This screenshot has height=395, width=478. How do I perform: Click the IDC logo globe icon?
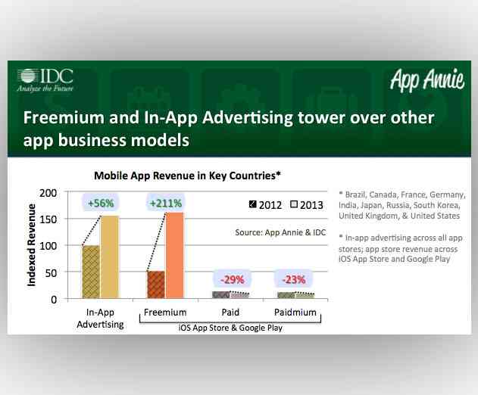27,76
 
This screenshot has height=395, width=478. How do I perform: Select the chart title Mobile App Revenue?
187,175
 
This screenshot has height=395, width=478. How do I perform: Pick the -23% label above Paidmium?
292,279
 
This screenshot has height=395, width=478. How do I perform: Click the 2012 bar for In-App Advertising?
91,272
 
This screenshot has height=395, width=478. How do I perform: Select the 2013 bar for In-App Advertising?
110,257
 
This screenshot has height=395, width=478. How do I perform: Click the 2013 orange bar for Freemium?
173,255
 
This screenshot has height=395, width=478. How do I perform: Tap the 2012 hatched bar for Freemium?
155,285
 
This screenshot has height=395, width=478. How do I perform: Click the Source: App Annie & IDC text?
281,232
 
